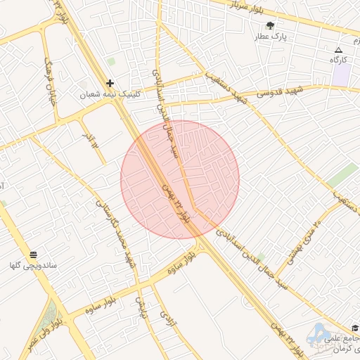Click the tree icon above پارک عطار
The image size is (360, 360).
270,25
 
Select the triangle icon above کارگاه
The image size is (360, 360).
338,50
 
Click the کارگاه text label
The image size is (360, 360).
339,60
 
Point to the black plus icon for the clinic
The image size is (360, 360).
110,83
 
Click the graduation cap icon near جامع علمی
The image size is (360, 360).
354,328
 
